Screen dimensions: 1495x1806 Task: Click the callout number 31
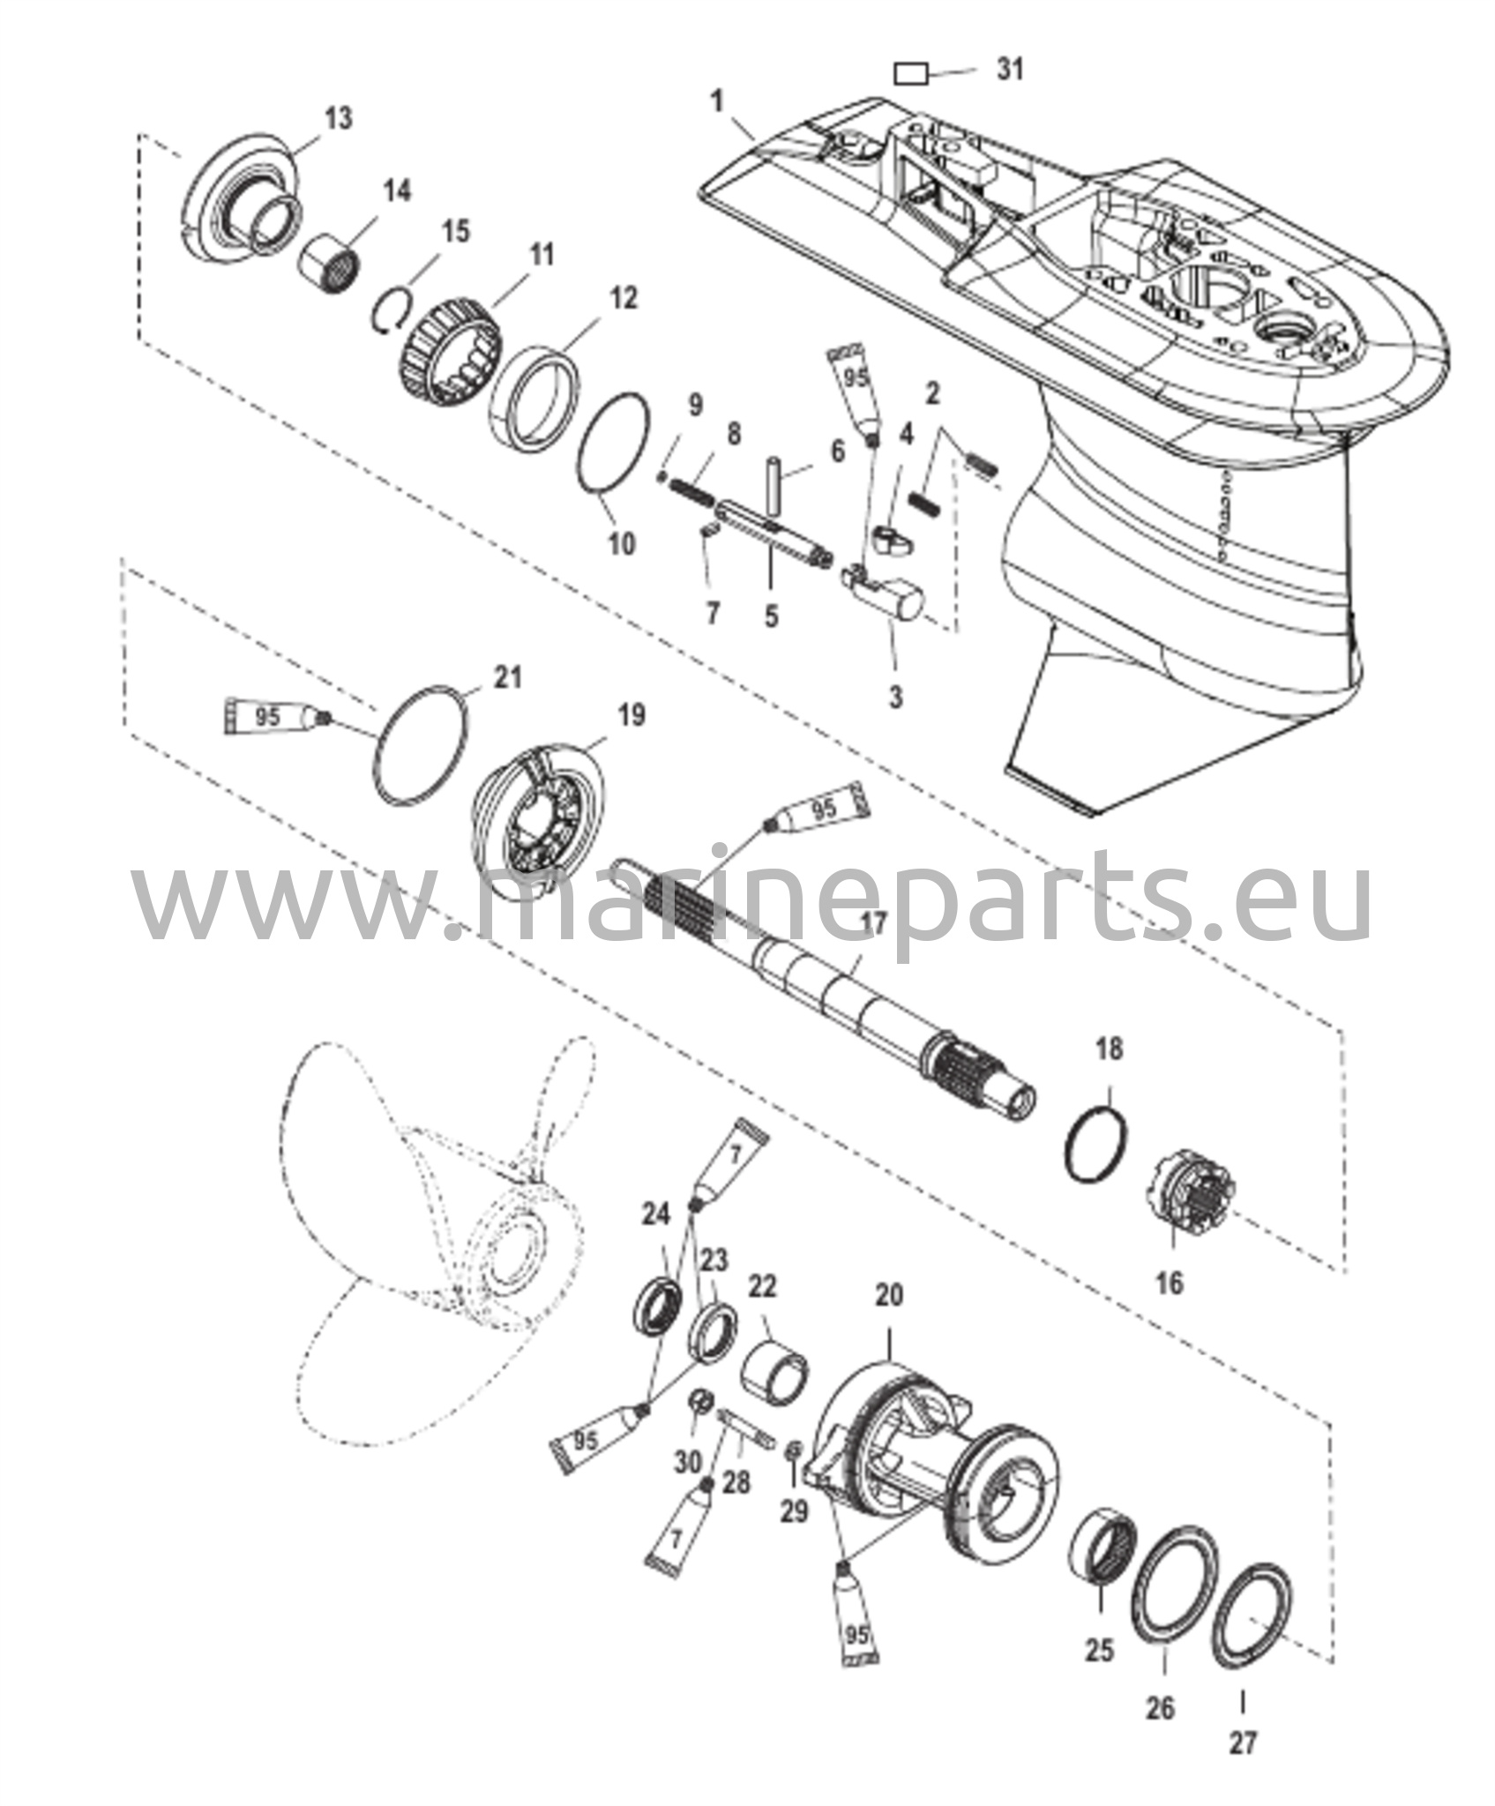point(1010,69)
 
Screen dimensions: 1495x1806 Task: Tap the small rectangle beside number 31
point(912,74)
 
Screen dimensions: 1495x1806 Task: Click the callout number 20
point(888,1295)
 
